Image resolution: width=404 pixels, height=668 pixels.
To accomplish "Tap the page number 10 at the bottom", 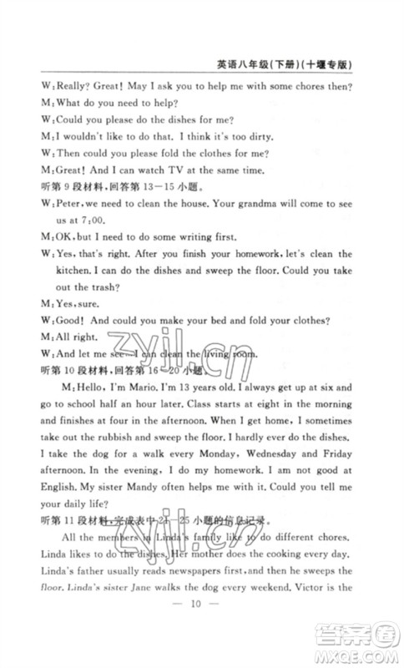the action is point(201,628).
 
